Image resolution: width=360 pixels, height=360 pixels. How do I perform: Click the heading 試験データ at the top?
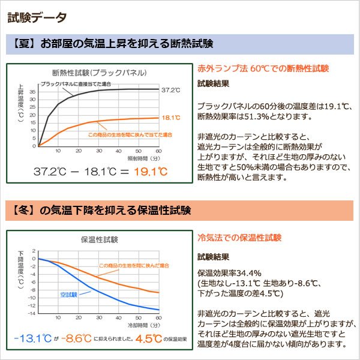(37, 17)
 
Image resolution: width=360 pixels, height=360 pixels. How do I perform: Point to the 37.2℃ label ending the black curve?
(171, 90)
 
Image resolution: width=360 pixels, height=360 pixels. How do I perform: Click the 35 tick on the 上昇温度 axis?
(32, 92)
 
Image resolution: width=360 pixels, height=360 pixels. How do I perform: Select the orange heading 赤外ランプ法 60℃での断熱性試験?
(263, 68)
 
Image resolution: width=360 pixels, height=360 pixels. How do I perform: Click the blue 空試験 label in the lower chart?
(70, 295)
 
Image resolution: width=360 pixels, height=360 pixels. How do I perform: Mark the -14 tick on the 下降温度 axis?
(32, 313)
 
